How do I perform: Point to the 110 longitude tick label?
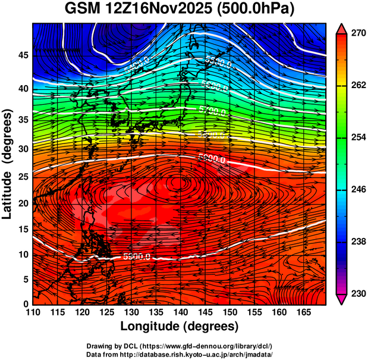click(x=33, y=312)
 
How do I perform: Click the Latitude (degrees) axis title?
click(x=8, y=164)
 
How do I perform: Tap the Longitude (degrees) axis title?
click(x=180, y=327)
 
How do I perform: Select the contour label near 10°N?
click(x=136, y=256)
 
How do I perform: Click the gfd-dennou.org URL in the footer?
click(x=215, y=346)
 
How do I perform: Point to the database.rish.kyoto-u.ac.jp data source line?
click(x=180, y=354)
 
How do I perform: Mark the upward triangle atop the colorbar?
click(x=342, y=27)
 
